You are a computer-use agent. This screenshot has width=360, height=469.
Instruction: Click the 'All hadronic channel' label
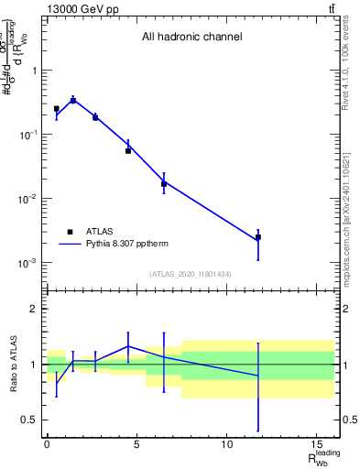click(x=191, y=38)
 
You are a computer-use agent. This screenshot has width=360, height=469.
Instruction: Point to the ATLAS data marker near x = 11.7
click(x=258, y=237)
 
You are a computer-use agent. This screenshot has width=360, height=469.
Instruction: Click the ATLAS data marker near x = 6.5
click(x=164, y=184)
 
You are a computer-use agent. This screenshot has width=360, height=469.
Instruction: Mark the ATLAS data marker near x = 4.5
click(x=128, y=150)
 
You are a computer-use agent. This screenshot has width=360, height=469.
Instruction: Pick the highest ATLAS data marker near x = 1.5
click(x=73, y=100)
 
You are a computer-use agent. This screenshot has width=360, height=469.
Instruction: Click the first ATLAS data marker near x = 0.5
click(x=56, y=109)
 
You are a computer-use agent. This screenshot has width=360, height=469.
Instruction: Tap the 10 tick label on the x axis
click(x=226, y=443)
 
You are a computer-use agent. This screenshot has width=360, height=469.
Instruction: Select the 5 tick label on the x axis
click(x=136, y=443)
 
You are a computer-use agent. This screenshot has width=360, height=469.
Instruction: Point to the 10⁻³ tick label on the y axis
click(x=27, y=263)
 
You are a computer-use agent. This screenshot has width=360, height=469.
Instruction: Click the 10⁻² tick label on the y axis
click(x=27, y=199)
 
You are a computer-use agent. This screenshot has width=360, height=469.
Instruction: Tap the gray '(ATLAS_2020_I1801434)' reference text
click(x=191, y=275)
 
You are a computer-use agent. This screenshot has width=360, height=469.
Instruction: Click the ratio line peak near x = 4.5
click(x=128, y=346)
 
